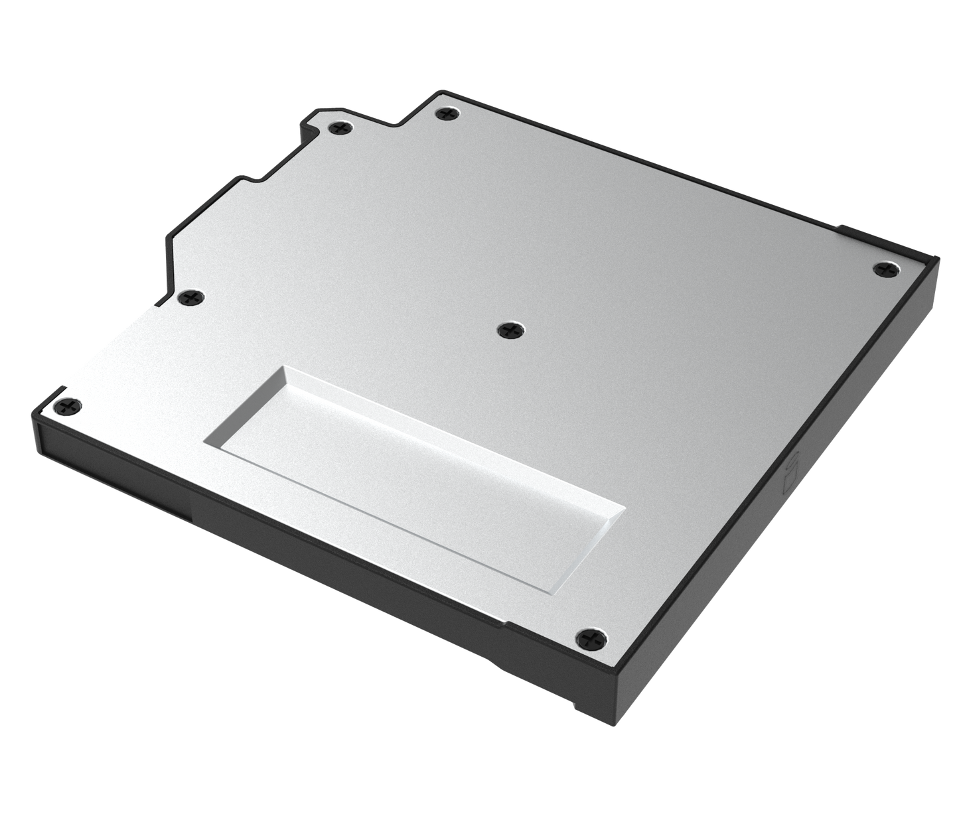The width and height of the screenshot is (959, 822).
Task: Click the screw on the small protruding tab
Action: tap(340, 127)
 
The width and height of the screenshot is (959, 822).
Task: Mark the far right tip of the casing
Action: tap(938, 255)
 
